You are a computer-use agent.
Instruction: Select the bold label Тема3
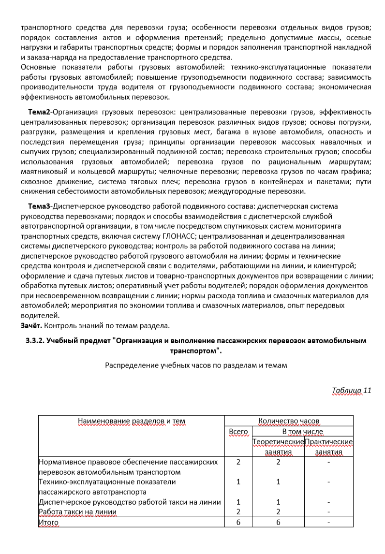pyautogui.click(x=39, y=206)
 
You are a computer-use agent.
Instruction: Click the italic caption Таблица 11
pyautogui.click(x=352, y=391)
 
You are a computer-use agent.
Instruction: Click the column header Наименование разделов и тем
pyautogui.click(x=132, y=421)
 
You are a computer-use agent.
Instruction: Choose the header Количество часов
pyautogui.click(x=289, y=421)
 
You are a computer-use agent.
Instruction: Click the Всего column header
pyautogui.click(x=238, y=431)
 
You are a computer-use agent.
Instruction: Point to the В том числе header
pyautogui.click(x=302, y=431)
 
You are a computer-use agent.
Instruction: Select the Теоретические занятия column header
pyautogui.click(x=278, y=447)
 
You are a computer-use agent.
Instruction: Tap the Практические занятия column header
pyautogui.click(x=329, y=447)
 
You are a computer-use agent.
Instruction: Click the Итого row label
pyautogui.click(x=48, y=522)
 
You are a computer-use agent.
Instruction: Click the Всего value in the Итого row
pyautogui.click(x=238, y=522)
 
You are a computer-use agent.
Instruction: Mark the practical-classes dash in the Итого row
pyautogui.click(x=328, y=522)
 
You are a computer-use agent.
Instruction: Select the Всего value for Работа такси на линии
pyautogui.click(x=238, y=512)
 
